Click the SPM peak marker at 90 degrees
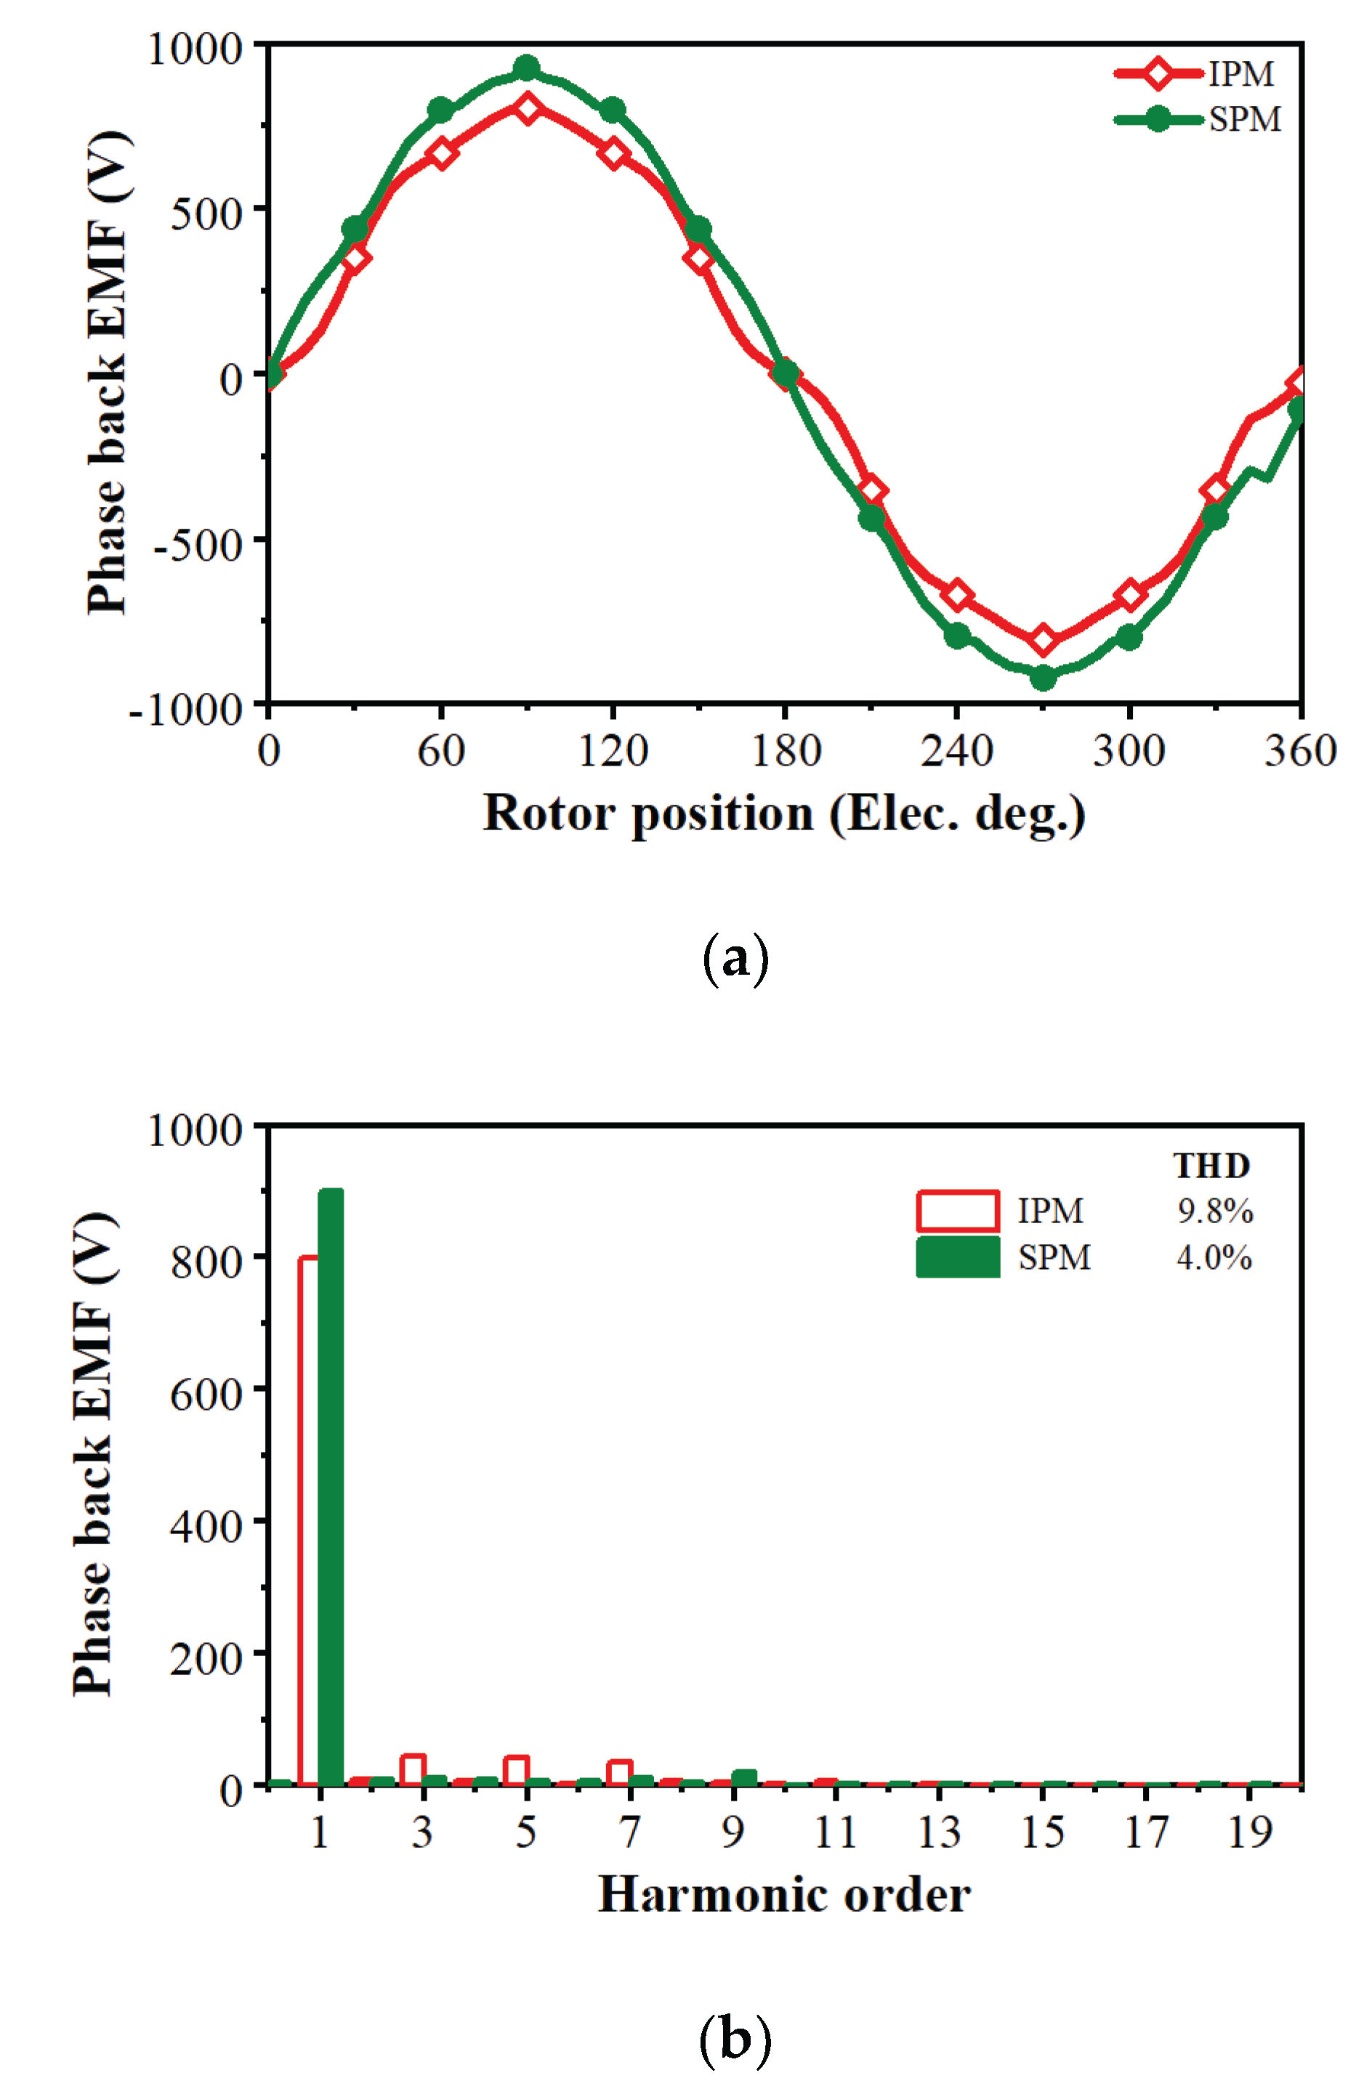point(526,68)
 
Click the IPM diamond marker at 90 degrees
point(527,109)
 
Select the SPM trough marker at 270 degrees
point(1043,678)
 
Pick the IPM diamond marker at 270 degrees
point(1043,640)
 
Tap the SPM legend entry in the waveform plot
point(1197,120)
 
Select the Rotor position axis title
point(783,813)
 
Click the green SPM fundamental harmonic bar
point(330,1487)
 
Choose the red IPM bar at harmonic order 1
point(309,1522)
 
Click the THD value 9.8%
point(1215,1212)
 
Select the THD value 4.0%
point(1214,1257)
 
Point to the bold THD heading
point(1212,1166)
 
